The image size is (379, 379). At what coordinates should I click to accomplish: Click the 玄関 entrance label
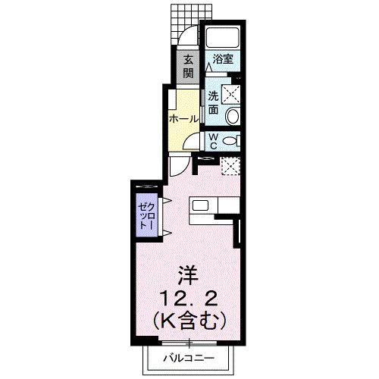186,66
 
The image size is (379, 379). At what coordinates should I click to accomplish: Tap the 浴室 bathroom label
221,58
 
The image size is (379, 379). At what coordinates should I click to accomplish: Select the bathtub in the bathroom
222,37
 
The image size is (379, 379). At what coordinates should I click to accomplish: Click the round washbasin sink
233,116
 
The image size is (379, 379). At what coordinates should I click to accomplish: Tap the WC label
213,141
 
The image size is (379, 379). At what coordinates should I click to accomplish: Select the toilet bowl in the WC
233,141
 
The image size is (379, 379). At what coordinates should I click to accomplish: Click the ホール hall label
183,119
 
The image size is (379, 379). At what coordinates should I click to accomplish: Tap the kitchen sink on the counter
201,205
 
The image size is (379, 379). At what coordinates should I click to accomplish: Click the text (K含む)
189,320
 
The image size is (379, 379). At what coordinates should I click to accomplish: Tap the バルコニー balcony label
189,359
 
